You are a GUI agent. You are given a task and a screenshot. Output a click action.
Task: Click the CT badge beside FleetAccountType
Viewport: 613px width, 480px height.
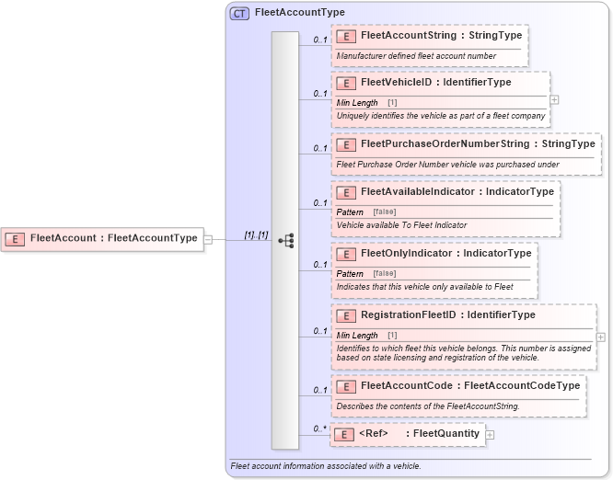tap(239, 13)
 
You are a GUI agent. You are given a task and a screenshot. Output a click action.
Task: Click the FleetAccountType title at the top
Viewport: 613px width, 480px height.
tap(299, 13)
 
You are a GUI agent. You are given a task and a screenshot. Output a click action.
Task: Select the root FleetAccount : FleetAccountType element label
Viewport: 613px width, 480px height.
tap(113, 238)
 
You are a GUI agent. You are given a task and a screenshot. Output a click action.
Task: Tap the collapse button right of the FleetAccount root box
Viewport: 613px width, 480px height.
tap(208, 239)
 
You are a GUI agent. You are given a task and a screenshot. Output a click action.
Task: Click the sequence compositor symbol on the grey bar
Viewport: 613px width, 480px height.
tap(285, 240)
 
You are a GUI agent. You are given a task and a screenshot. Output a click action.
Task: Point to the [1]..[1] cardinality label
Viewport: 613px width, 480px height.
tap(255, 235)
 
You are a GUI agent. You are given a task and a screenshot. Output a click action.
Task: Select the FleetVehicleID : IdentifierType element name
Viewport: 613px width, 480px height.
tap(435, 83)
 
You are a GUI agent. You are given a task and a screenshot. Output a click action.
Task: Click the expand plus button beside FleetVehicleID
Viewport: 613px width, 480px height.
tap(554, 98)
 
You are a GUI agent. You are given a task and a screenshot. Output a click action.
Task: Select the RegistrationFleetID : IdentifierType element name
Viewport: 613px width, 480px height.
tap(447, 315)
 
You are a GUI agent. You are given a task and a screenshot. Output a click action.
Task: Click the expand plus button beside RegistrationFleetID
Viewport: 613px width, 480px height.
tap(601, 337)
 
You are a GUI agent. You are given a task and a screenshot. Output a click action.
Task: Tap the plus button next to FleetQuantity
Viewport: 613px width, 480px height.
tap(490, 435)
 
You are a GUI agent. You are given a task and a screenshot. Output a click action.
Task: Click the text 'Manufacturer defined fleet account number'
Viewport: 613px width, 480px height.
tap(416, 56)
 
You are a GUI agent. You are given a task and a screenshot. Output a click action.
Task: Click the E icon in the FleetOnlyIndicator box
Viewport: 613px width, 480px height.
tap(347, 253)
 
